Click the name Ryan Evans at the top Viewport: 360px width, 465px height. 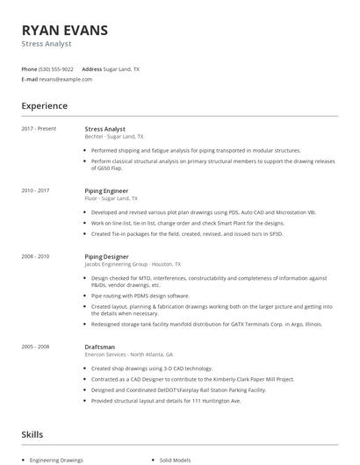point(65,30)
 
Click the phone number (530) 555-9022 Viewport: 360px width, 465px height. point(56,68)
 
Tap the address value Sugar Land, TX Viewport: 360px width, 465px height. point(121,68)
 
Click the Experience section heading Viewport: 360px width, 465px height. point(44,106)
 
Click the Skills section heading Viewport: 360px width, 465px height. point(32,433)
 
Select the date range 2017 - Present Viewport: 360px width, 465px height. point(39,128)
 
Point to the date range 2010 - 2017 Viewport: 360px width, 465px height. point(35,190)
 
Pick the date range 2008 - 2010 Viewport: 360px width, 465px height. point(35,255)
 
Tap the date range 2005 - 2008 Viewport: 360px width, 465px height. point(35,347)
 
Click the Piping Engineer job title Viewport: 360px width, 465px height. point(106,190)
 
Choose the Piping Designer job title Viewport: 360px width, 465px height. point(106,255)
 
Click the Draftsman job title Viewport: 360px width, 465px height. point(100,347)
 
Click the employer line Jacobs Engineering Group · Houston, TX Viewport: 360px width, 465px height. point(133,263)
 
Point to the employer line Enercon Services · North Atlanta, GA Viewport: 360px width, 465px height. point(127,354)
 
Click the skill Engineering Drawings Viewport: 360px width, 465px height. point(55,460)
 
